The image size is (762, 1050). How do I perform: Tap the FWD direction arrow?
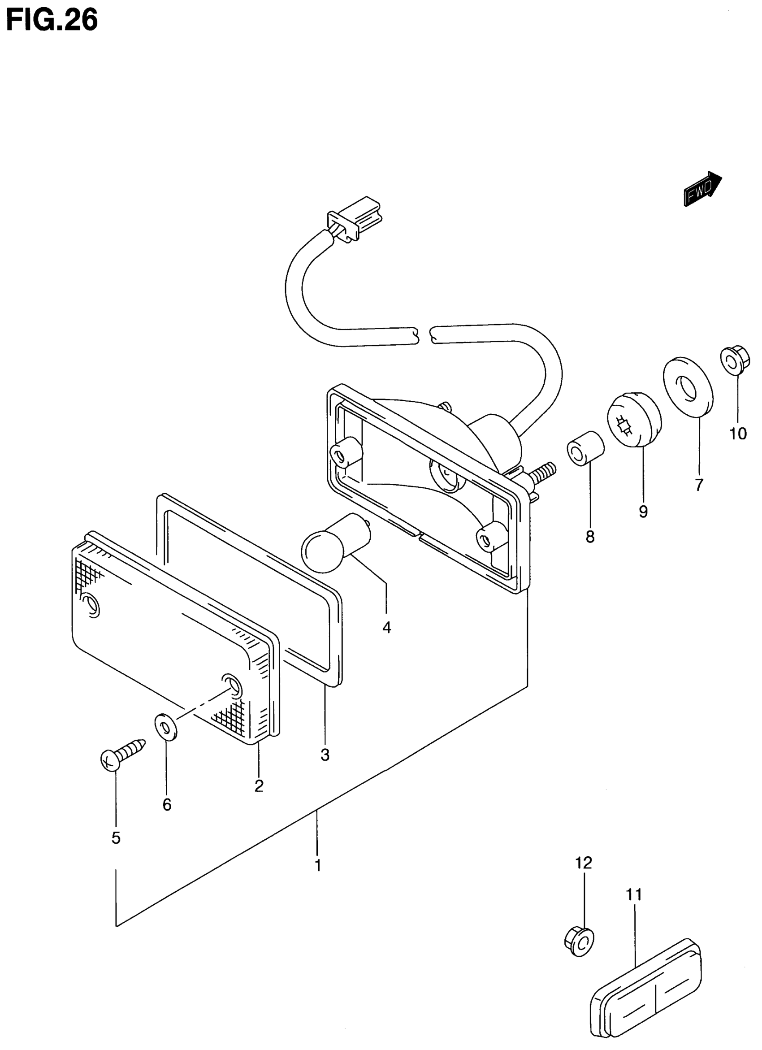(x=702, y=188)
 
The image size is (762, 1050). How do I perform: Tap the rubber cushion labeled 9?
(x=633, y=419)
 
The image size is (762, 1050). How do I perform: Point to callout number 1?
(x=318, y=864)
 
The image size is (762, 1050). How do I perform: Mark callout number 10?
(x=738, y=434)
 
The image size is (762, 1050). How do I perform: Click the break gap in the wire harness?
(x=422, y=334)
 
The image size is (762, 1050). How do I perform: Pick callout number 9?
(x=643, y=511)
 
